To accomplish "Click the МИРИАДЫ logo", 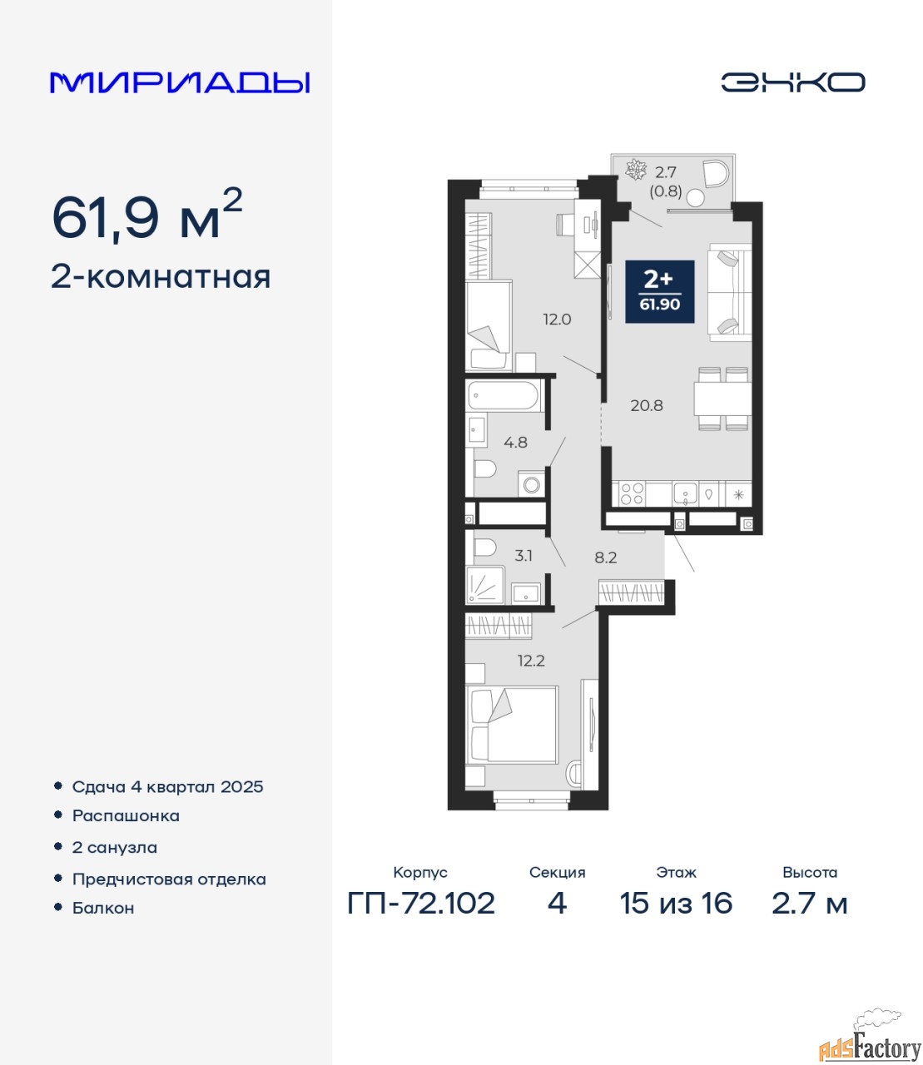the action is pyautogui.click(x=180, y=82).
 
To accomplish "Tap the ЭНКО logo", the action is pyautogui.click(x=792, y=82).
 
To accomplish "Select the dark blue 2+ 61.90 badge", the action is pyautogui.click(x=660, y=291).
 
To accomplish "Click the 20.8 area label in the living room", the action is pyautogui.click(x=647, y=405).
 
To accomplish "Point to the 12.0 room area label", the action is pyautogui.click(x=557, y=319).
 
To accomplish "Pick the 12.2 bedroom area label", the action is pyautogui.click(x=531, y=661).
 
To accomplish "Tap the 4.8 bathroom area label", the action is pyautogui.click(x=515, y=442).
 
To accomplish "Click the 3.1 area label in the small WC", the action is pyautogui.click(x=523, y=556).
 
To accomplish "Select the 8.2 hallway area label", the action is pyautogui.click(x=606, y=557).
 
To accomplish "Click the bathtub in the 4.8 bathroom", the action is pyautogui.click(x=504, y=396).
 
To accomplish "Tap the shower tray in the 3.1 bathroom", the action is pyautogui.click(x=485, y=585).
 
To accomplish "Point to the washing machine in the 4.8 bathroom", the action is pyautogui.click(x=531, y=484).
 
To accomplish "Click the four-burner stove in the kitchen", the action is pyautogui.click(x=632, y=493).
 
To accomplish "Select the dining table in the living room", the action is pyautogui.click(x=722, y=399).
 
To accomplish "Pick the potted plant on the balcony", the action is pyautogui.click(x=635, y=170).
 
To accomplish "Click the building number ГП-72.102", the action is pyautogui.click(x=421, y=904).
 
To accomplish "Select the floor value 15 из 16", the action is pyautogui.click(x=676, y=904).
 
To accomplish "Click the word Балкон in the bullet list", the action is pyautogui.click(x=103, y=908).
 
